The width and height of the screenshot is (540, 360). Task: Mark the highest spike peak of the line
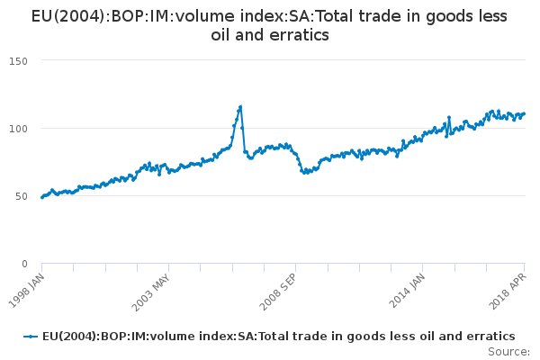pos(240,106)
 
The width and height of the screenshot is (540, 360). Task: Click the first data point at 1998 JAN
pos(42,197)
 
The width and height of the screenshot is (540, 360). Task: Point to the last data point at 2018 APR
pos(525,113)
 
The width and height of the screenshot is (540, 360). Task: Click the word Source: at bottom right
pos(508,351)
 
